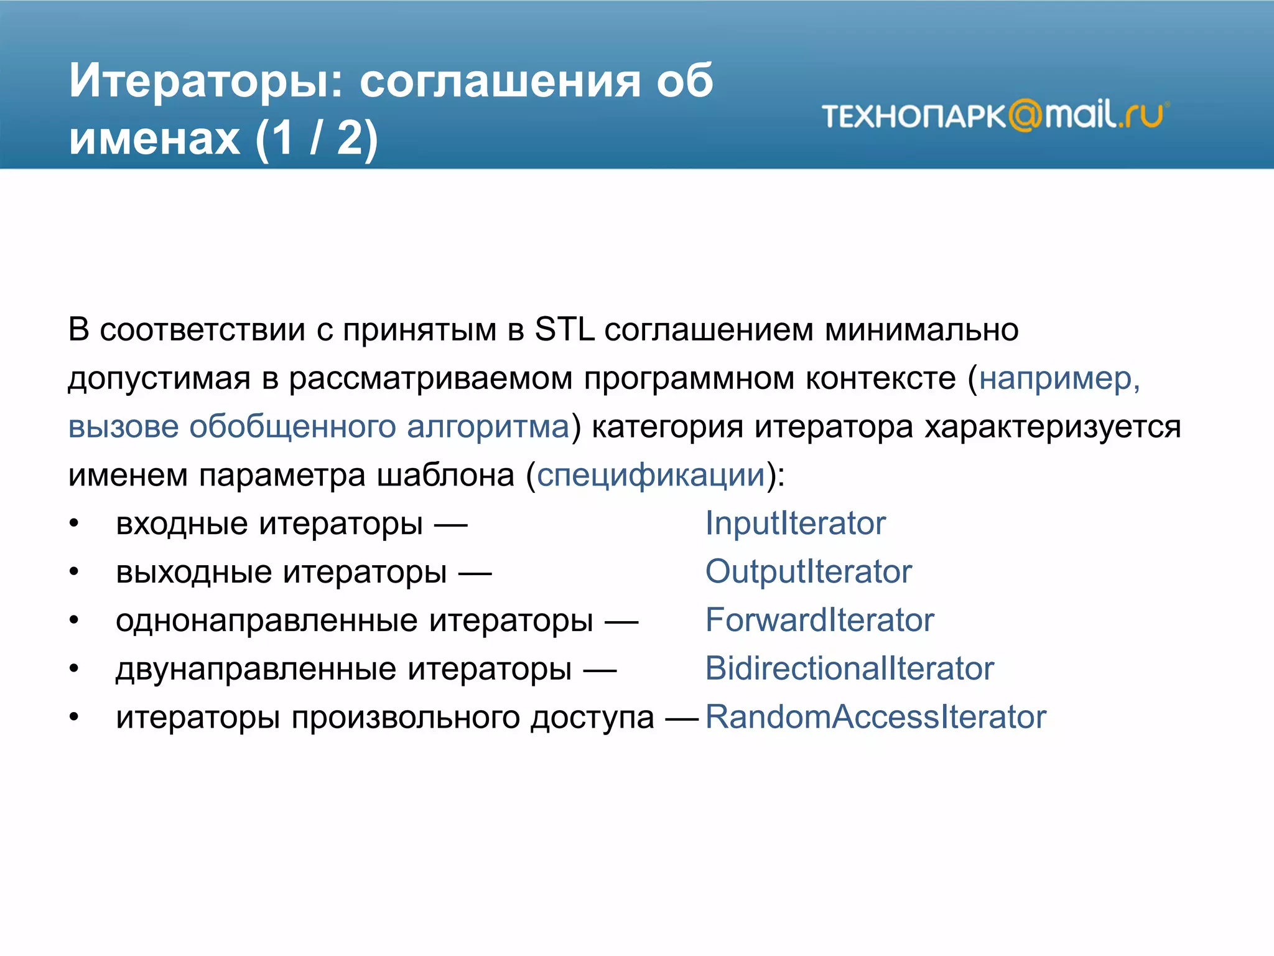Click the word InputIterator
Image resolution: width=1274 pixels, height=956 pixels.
[795, 523]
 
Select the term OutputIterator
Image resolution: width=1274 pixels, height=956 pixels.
[808, 571]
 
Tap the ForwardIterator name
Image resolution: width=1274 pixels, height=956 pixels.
[819, 620]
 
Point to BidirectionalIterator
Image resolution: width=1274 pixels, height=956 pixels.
[849, 668]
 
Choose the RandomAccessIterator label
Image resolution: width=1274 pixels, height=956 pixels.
[875, 717]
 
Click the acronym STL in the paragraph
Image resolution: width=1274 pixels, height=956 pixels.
[564, 329]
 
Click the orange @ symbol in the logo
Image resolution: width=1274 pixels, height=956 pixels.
[1025, 115]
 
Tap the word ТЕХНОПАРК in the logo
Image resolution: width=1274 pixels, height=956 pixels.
[913, 116]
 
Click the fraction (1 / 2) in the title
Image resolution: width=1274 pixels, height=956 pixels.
[316, 138]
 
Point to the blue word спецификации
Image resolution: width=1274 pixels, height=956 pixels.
[651, 475]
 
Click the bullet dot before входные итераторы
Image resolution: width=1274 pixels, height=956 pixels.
[74, 523]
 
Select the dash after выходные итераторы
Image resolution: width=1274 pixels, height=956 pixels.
[475, 573]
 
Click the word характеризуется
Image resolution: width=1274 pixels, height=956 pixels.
[1053, 427]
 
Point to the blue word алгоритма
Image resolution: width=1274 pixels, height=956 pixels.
[488, 427]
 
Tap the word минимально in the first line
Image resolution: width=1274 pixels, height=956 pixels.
[921, 329]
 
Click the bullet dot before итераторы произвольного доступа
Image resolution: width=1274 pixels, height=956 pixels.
[74, 718]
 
